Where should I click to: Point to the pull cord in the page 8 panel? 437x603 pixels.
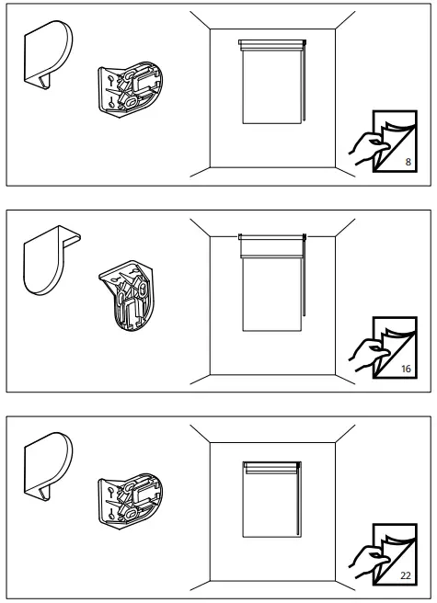coord(303,87)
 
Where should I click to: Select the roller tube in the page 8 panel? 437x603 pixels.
coord(270,43)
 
